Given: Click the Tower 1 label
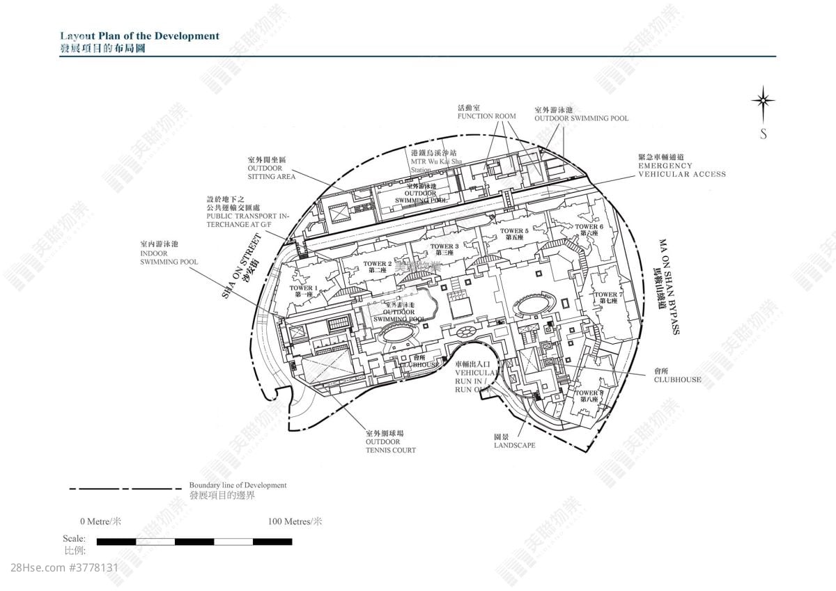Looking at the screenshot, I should [x=303, y=291].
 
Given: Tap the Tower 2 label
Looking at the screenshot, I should [x=378, y=266].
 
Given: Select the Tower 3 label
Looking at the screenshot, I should [x=444, y=249].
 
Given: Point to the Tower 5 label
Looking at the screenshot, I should [x=514, y=233].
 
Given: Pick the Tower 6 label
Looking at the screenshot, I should [x=589, y=230].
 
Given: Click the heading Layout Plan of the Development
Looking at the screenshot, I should [x=139, y=36].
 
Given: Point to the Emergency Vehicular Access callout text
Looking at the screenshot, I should [x=681, y=166].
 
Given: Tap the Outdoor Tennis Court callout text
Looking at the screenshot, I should [x=390, y=442].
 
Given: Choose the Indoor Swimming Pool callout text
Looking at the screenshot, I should [x=169, y=253].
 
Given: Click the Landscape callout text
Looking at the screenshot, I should [x=514, y=441].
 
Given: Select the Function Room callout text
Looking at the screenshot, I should [x=486, y=112].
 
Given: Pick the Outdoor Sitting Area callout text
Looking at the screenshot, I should [x=271, y=168].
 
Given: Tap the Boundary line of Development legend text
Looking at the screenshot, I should [x=237, y=485].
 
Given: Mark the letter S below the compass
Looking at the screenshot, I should [x=764, y=134].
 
